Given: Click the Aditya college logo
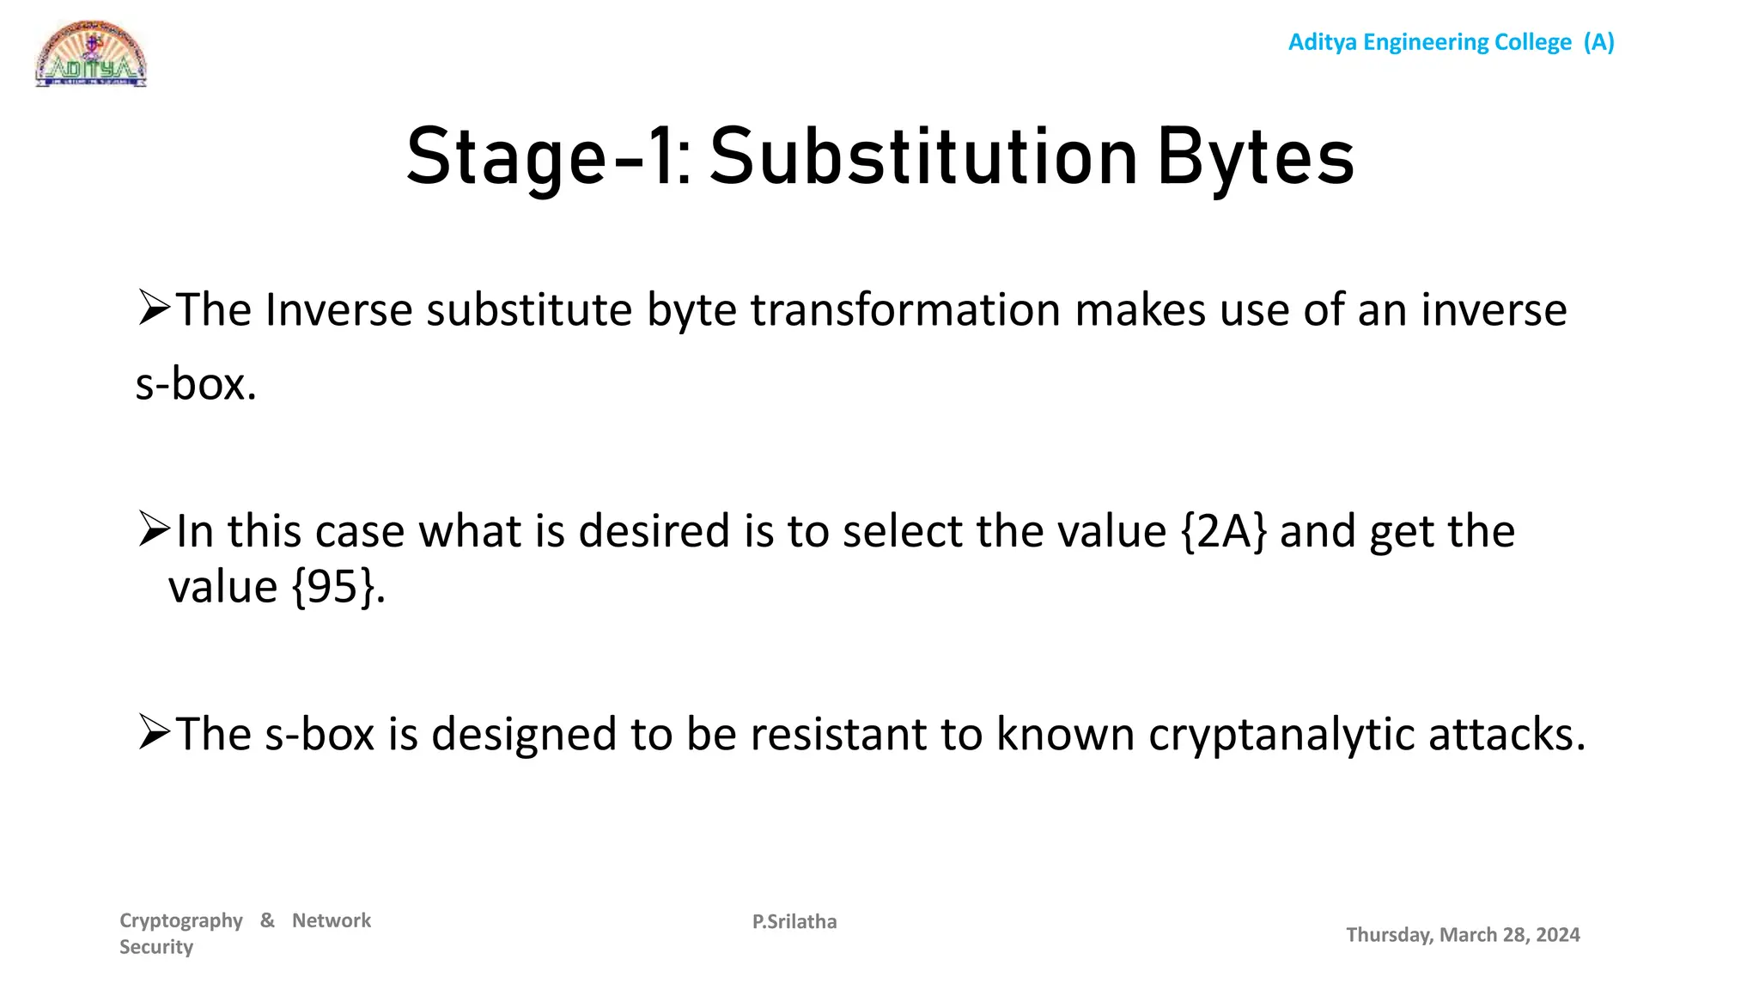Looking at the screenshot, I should tap(91, 55).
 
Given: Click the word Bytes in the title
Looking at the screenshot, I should tap(1255, 158).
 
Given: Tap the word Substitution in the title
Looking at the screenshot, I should tap(923, 158).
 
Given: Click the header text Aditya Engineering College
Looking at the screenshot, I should tap(1429, 42).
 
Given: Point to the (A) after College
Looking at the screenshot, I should tap(1599, 42).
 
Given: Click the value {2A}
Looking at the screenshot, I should tap(1223, 531).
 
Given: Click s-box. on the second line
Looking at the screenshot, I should tap(196, 383).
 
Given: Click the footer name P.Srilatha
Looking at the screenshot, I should tap(794, 922).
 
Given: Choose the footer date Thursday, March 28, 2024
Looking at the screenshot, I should tap(1462, 935).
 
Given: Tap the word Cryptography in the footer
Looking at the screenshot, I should tap(181, 920).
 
